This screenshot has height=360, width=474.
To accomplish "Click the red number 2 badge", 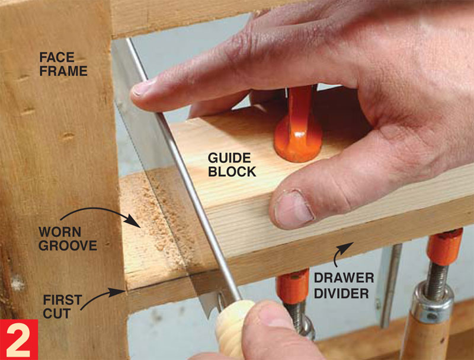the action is (x=19, y=339).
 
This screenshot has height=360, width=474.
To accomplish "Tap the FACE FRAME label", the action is (x=63, y=64).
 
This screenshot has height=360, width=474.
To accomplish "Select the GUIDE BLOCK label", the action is (x=232, y=165).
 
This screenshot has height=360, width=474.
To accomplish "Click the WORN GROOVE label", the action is (x=68, y=238).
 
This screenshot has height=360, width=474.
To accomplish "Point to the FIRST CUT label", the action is (x=62, y=307).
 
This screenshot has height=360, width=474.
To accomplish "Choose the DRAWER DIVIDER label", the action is (x=344, y=285).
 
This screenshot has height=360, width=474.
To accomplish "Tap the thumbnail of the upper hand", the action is (x=293, y=209).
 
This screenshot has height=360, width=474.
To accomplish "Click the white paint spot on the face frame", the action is (x=17, y=283).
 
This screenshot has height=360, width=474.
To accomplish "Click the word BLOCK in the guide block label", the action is (x=232, y=171).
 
